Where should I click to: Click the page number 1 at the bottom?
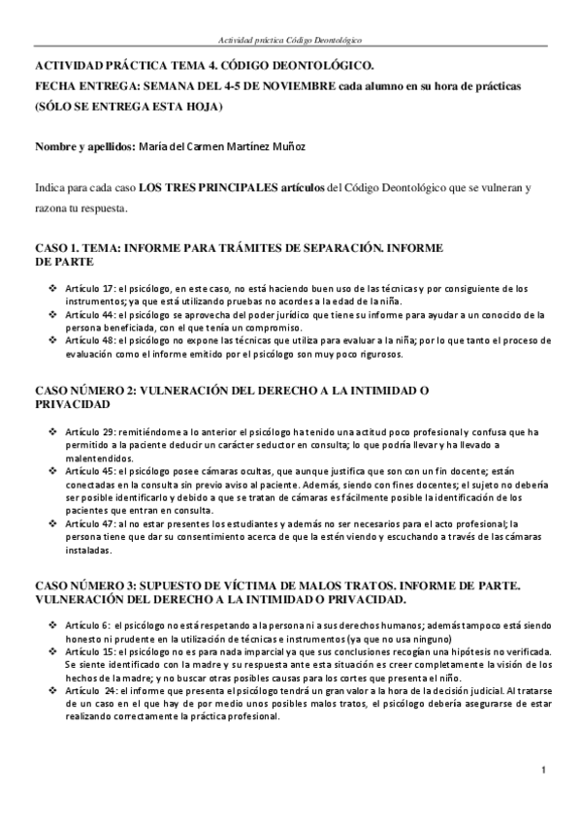click(546, 771)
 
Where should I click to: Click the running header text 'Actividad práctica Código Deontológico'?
click(291, 41)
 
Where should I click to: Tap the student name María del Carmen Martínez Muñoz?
click(222, 145)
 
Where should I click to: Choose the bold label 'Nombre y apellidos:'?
click(80, 145)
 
